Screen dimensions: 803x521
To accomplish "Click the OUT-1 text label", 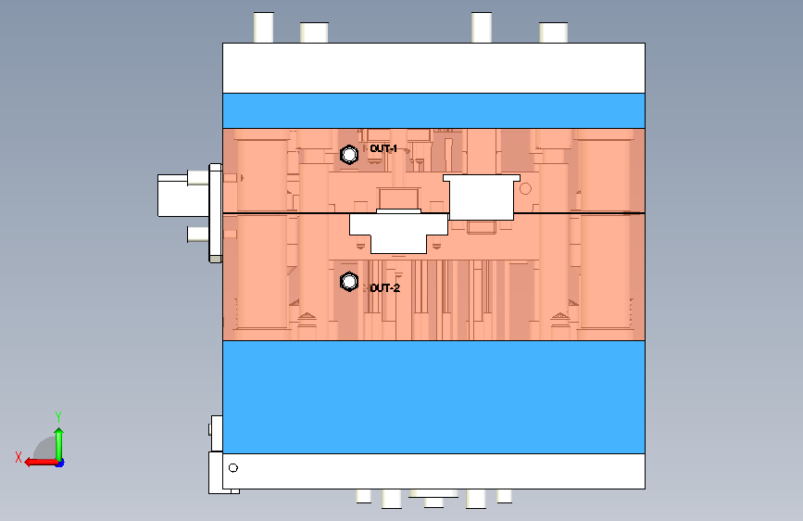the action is pos(383,148).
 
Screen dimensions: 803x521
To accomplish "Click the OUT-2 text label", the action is pos(384,288).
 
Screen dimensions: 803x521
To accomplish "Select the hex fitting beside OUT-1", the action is pos(349,154).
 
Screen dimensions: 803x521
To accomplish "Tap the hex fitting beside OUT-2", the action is pos(349,282).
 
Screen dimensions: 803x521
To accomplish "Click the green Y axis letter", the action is pos(58,417).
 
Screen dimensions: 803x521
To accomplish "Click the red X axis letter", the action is pos(19,457).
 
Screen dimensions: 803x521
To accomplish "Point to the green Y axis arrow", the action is pos(59,445).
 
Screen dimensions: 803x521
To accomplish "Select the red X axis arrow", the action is pos(41,463).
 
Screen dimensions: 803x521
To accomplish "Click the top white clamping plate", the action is pos(433,69).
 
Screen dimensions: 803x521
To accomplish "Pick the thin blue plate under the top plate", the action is pos(433,110).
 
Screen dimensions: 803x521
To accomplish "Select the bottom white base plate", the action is pos(433,471).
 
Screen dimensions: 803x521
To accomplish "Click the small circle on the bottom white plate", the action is pos(233,467).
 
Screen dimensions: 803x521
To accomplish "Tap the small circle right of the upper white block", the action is pos(525,189).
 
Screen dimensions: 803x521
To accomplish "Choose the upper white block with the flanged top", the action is pos(482,197).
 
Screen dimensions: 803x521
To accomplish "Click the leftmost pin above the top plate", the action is pos(264,28).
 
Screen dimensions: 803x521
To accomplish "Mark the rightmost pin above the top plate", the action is pos(554,32).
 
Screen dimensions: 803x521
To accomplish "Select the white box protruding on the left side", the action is pos(173,196).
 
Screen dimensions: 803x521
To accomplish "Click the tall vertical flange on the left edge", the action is pos(216,213).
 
